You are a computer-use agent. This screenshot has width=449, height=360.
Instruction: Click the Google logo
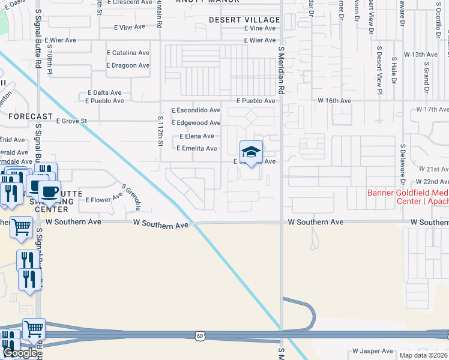(x=20, y=353)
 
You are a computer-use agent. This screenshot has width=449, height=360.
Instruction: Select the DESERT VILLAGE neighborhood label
(x=244, y=20)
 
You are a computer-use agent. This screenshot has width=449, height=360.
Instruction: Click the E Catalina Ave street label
(x=128, y=53)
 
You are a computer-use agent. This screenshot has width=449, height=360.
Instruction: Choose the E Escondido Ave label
(x=196, y=110)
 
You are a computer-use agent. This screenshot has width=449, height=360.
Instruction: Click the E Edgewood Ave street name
(x=196, y=123)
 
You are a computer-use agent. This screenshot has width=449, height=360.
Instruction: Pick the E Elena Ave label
(x=197, y=136)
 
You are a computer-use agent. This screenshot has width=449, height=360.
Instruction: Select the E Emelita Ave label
(x=196, y=148)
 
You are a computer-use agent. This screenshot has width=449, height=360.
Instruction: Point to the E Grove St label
(x=71, y=121)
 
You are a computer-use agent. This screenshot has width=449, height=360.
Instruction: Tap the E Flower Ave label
(x=104, y=200)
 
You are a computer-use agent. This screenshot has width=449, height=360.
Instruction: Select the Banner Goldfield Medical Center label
(x=408, y=197)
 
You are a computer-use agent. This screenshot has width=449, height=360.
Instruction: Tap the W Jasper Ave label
(x=372, y=351)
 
